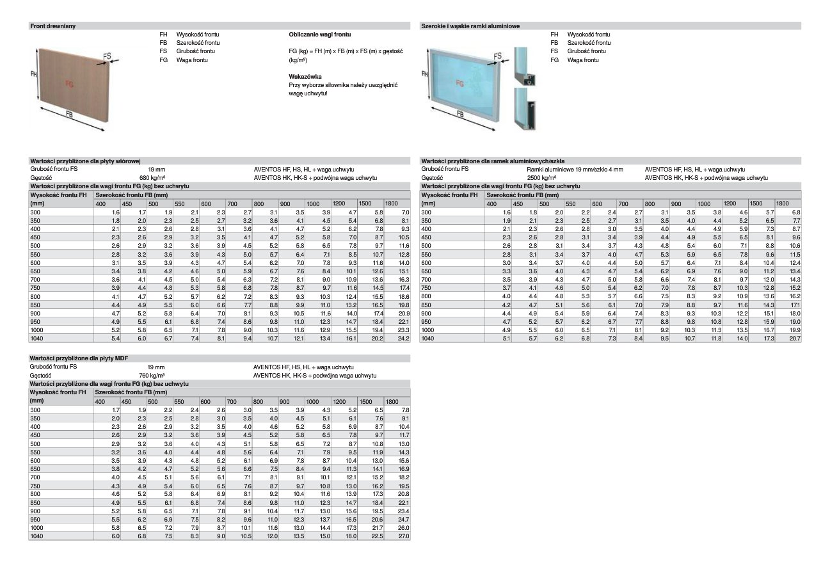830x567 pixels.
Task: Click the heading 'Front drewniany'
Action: [54, 26]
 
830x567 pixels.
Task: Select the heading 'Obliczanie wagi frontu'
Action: [319, 34]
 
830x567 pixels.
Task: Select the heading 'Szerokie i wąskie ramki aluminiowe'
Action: [470, 26]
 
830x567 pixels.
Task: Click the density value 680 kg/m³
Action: [152, 177]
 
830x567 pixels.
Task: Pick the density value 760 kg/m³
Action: [152, 375]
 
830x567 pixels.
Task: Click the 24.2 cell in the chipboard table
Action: [402, 337]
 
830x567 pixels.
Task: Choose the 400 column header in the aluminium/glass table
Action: [491, 204]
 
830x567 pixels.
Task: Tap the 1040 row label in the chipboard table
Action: [36, 337]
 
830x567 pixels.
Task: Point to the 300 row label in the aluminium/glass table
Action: [427, 212]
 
